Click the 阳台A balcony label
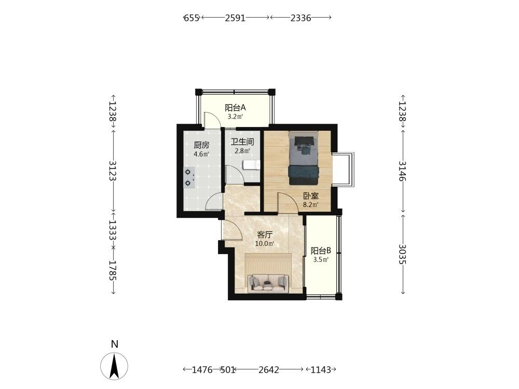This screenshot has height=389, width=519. point(235,107)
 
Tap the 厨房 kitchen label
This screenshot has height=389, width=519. point(201,145)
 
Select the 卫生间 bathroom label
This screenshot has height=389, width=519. point(242,142)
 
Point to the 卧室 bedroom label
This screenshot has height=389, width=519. point(311,196)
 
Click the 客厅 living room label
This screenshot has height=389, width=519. point(265,235)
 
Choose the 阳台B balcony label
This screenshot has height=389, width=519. point(321,251)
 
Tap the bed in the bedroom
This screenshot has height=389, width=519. point(304,158)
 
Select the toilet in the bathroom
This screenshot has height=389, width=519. point(251,164)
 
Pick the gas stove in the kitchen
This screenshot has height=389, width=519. point(189,177)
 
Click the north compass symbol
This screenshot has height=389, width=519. point(114,366)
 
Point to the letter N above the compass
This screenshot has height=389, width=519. point(115,344)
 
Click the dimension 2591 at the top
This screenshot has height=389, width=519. point(235,18)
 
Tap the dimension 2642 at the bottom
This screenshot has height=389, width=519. point(269,369)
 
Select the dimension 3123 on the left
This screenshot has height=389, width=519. point(113,170)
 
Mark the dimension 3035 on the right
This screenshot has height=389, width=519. point(402,254)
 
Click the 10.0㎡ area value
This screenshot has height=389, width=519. point(265,244)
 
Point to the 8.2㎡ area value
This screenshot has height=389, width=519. point(311,205)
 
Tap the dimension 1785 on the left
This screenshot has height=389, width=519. point(113,270)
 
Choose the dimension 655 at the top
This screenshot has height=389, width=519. point(192,18)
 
